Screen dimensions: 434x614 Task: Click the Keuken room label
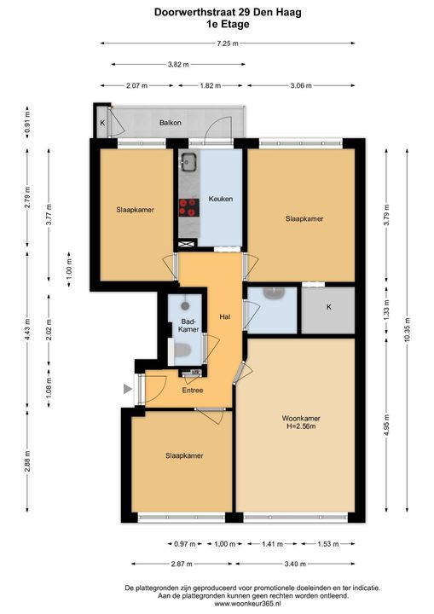(x=221, y=199)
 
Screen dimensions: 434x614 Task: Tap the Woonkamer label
(x=301, y=418)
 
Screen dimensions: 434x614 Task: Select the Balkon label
(x=171, y=123)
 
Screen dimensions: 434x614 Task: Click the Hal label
(x=225, y=316)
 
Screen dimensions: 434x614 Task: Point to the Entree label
(x=193, y=390)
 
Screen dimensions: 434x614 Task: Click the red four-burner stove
(x=188, y=207)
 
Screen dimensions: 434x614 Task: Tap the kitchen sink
(x=188, y=161)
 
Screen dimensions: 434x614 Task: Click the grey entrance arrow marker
(x=128, y=389)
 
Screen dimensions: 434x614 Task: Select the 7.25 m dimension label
(x=228, y=43)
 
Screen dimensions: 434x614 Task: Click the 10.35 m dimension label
(x=407, y=331)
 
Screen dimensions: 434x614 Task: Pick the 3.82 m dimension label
(x=178, y=65)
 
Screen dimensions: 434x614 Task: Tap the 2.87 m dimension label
(x=182, y=564)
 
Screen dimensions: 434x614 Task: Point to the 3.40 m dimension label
(x=295, y=564)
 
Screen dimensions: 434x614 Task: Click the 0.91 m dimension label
(x=27, y=122)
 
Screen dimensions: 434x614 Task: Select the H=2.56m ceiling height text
(x=301, y=426)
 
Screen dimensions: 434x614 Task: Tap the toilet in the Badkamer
(x=182, y=350)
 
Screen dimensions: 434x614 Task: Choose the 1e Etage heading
(x=228, y=24)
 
